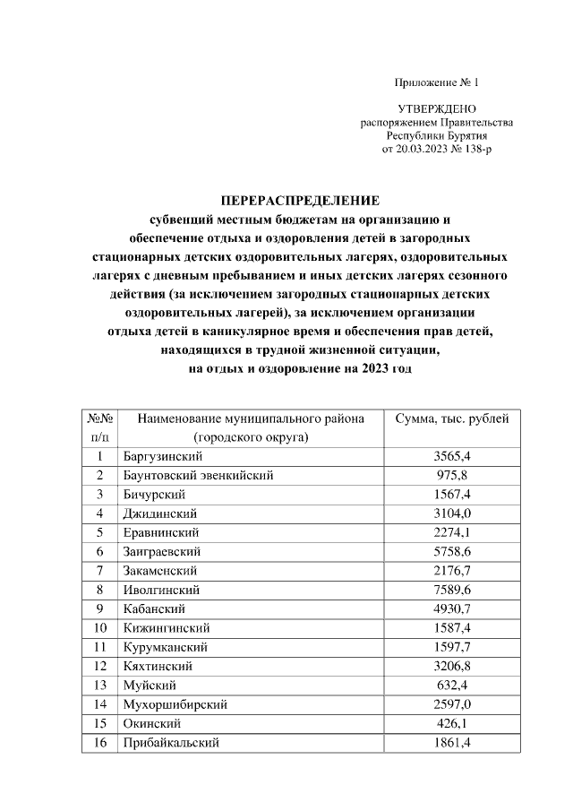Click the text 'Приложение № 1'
[x=437, y=83]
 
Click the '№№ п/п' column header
[x=99, y=427]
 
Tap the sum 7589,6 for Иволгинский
[x=452, y=590]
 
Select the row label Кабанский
[x=148, y=608]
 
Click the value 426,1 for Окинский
[x=452, y=723]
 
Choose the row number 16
[x=99, y=743]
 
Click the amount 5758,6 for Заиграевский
[x=452, y=551]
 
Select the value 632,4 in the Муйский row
[x=452, y=685]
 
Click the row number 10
[x=99, y=627]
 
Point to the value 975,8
[x=452, y=475]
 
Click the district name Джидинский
[x=158, y=513]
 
